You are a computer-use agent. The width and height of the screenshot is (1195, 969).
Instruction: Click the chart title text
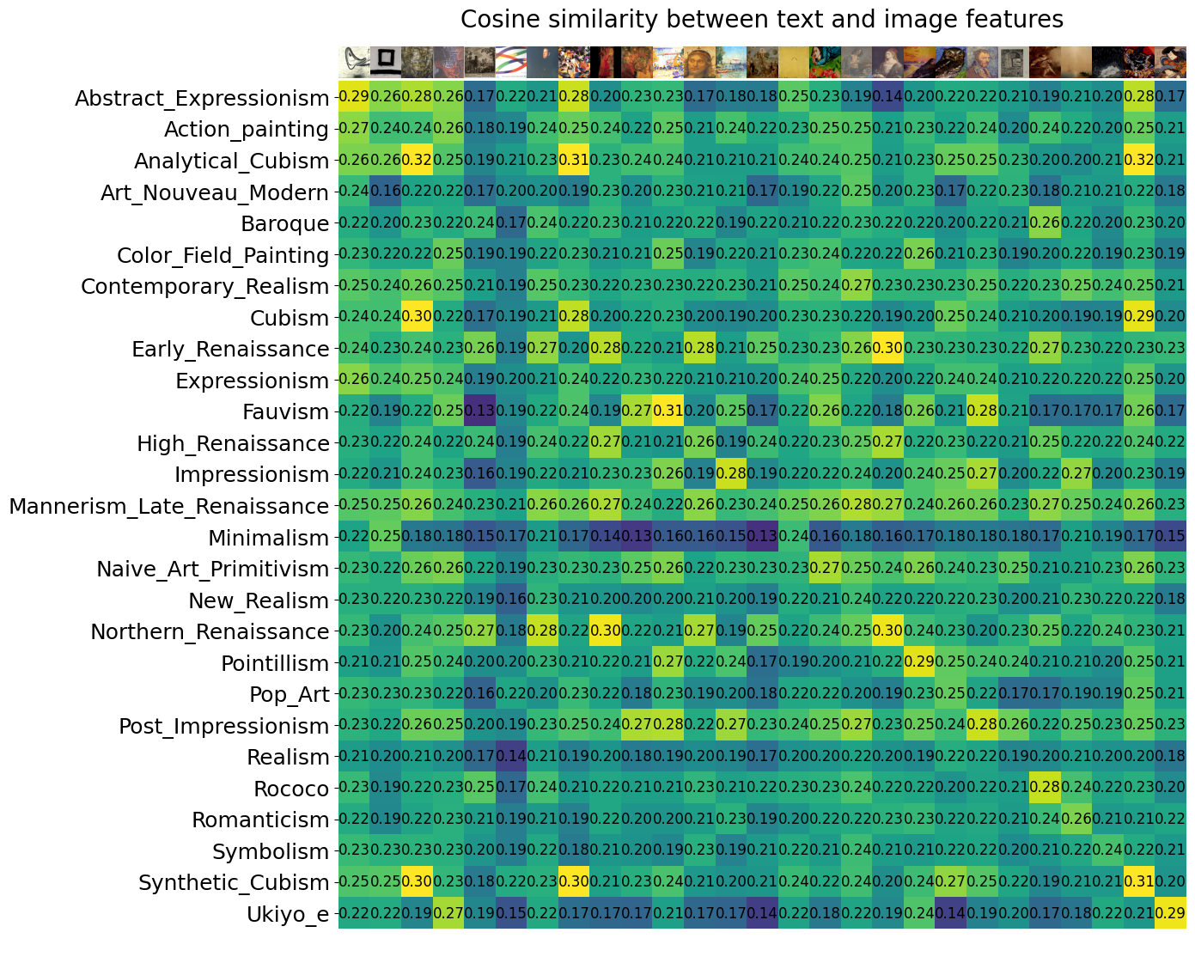(762, 20)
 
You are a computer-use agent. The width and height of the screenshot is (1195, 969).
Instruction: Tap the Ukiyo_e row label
(288, 913)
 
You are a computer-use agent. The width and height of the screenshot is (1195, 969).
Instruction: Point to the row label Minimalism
(269, 538)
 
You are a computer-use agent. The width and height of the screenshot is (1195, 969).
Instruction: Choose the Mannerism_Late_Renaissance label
(169, 506)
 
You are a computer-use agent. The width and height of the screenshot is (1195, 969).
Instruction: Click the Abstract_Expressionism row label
(202, 98)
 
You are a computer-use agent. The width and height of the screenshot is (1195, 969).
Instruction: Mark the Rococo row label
(291, 789)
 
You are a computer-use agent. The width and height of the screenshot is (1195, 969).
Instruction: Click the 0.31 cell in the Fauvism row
(668, 411)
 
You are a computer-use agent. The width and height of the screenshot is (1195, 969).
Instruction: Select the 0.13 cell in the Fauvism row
(479, 411)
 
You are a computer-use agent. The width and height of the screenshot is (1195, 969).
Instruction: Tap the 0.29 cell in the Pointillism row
(919, 662)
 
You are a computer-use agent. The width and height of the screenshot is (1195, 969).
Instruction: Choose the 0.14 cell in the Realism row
(511, 757)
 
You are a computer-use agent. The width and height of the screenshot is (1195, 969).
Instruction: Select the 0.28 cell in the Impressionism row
(730, 474)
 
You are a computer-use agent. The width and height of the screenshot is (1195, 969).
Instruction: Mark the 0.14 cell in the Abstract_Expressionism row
(887, 98)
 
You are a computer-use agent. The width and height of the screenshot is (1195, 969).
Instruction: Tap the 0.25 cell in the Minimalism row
(386, 537)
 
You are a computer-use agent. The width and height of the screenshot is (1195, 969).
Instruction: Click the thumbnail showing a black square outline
(386, 61)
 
